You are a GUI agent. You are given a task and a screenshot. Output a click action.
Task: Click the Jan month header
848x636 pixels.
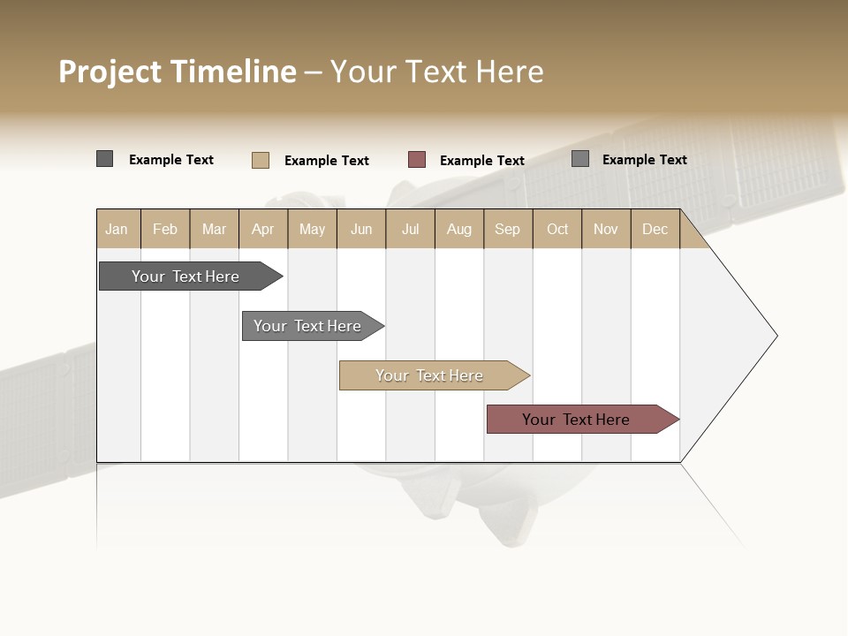[117, 229]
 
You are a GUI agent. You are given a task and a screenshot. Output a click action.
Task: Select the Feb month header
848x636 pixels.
[165, 229]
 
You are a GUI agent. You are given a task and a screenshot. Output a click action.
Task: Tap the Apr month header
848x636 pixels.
[263, 229]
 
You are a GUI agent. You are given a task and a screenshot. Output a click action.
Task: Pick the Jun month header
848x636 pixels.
[361, 229]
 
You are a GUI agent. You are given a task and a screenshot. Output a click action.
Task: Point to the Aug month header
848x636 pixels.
[459, 229]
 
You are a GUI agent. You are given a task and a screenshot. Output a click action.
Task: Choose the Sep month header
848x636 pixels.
[507, 229]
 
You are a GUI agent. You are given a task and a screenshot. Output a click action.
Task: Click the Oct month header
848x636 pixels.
[557, 229]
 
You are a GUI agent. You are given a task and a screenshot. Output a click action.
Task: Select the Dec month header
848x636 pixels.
[655, 229]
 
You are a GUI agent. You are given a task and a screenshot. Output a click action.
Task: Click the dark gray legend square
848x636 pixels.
[104, 159]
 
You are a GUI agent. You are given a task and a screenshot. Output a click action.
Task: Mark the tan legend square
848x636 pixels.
[260, 160]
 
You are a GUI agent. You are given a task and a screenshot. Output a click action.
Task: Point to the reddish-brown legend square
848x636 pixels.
[417, 160]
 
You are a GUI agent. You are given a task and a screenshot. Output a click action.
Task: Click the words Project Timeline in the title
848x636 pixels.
[177, 72]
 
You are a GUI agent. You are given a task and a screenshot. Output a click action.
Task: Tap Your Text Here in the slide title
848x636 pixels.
[437, 72]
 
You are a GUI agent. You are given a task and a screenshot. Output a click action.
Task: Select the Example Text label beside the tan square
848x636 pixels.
[327, 161]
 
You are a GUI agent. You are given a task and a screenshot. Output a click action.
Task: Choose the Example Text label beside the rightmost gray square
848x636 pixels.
[645, 160]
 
